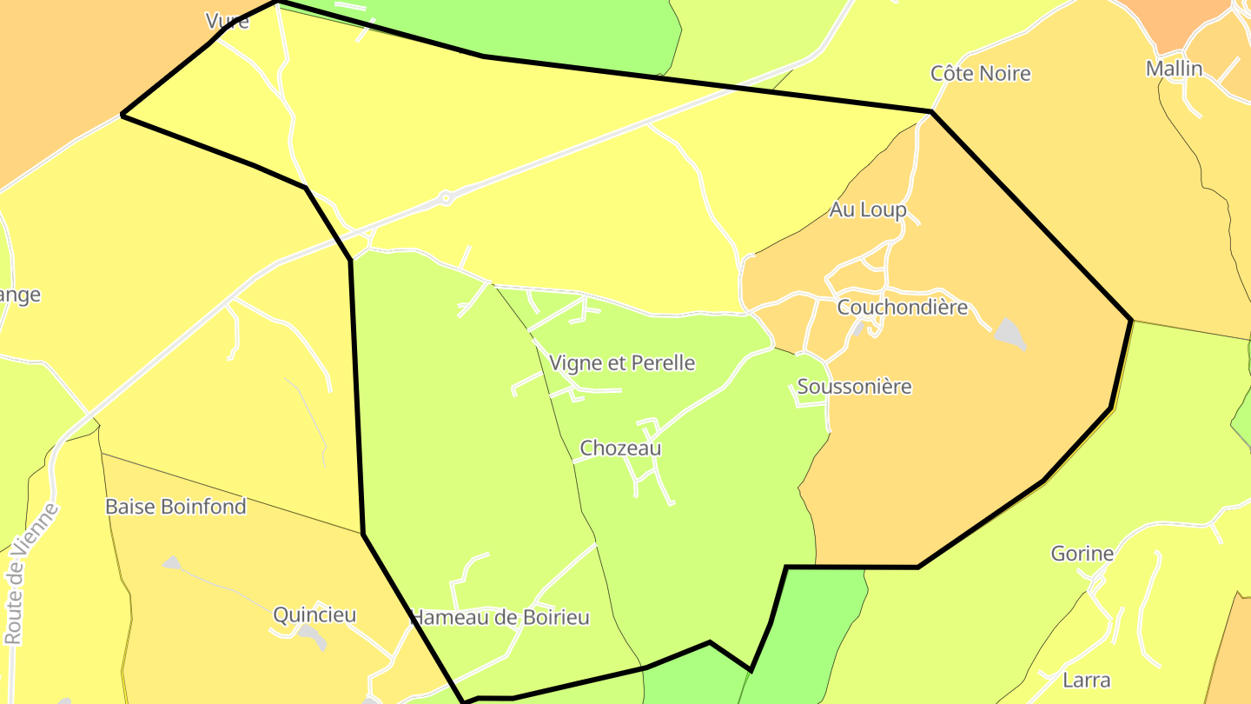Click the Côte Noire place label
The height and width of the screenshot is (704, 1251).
[x=980, y=74]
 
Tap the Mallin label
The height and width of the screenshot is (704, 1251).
[x=1174, y=69]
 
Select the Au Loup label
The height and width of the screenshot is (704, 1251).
[x=867, y=209]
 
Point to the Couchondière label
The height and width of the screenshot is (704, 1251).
[x=902, y=308]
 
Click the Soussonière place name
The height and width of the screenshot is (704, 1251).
[x=854, y=387]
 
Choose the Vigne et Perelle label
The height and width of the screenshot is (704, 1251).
[x=622, y=363]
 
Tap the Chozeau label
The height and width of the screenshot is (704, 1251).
[x=620, y=448]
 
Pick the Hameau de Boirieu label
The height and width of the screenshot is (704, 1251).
[x=500, y=618]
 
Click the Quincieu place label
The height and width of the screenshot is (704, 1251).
[x=314, y=615]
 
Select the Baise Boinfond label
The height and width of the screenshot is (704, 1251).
[x=175, y=507]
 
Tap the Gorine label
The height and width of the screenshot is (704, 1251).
[x=1082, y=554]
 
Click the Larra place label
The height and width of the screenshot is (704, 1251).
[x=1086, y=680]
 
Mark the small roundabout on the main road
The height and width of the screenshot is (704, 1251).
[x=446, y=198]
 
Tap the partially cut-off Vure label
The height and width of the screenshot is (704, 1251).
[x=227, y=21]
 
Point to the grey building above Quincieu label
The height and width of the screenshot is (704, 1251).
[x=172, y=562]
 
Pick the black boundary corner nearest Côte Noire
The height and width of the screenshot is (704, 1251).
[x=931, y=112]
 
